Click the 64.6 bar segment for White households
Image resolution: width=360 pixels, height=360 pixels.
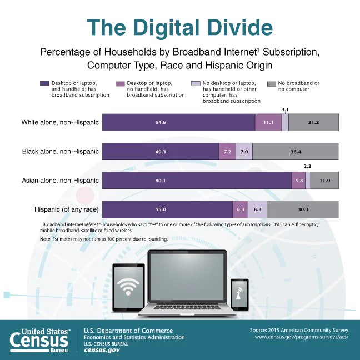179,122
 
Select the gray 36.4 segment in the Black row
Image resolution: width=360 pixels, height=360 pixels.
295,152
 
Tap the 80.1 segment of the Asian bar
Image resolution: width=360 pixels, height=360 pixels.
197,181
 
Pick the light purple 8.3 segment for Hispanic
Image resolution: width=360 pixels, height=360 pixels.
257,209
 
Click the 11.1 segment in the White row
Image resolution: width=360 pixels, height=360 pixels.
268,122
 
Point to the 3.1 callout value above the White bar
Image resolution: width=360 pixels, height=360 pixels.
285,110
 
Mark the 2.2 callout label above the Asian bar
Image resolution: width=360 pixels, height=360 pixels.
307,166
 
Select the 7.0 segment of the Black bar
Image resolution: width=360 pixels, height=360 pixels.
244,152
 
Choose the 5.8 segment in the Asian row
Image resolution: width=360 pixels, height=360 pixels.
299,181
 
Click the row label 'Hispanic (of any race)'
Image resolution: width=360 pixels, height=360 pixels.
66,209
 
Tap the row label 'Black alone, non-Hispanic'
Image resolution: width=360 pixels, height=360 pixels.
61,152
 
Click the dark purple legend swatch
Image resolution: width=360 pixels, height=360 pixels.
44,83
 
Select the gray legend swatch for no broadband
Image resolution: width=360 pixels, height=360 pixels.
272,84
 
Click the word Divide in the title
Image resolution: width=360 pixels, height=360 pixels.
240,28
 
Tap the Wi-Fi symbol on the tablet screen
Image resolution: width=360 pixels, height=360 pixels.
128,287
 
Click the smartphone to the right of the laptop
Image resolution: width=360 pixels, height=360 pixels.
239,295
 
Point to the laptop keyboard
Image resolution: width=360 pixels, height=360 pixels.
186,307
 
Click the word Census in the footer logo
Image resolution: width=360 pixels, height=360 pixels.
39,340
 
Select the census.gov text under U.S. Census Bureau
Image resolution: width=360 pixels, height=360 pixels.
102,351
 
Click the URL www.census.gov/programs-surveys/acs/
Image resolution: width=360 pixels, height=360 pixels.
302,337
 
